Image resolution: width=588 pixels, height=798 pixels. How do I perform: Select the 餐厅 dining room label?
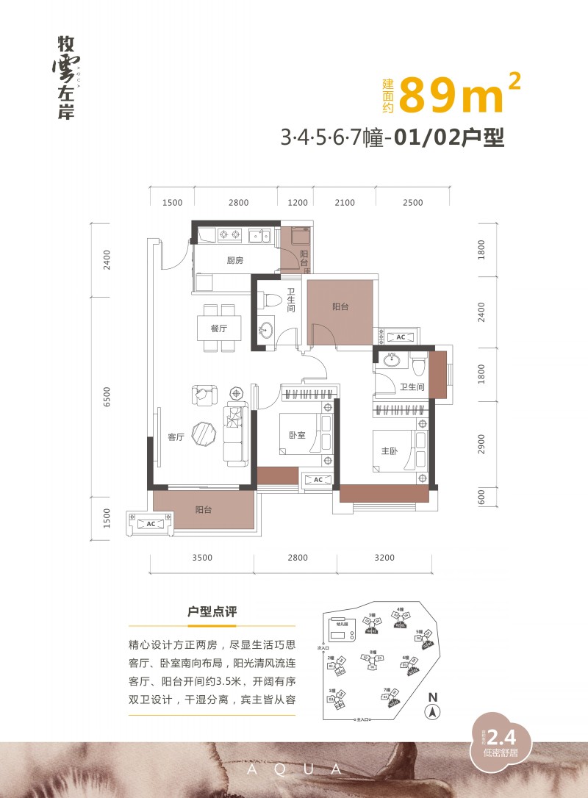218,328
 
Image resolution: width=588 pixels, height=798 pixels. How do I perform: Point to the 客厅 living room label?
176,437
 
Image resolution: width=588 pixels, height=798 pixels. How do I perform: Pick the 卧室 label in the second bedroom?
297,434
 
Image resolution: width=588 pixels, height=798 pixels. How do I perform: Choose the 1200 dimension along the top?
297,203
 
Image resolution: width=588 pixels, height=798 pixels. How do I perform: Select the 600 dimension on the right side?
481,497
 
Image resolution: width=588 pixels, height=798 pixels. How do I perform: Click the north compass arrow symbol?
433,711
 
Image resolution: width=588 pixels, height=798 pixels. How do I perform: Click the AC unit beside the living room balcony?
151,524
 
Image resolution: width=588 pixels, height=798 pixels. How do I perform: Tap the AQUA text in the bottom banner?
293,769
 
